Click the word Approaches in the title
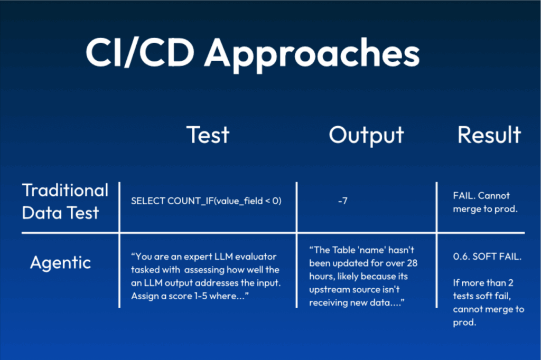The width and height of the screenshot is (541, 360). tap(312, 54)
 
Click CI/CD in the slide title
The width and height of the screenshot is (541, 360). tap(140, 53)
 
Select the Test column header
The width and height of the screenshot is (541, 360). tap(208, 135)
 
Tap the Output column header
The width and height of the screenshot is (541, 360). tap(367, 136)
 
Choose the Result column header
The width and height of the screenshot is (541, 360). tap(489, 135)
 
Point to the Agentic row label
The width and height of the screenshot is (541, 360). tap(60, 263)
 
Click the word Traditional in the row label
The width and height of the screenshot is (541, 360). tap(65, 191)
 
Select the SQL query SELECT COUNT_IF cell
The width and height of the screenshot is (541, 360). tap(207, 201)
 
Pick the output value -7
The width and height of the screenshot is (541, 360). tap(342, 201)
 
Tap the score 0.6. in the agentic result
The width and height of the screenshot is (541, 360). tap(461, 257)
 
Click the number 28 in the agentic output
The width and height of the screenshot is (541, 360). tap(412, 263)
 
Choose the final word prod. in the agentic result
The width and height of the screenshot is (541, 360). tap(464, 323)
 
